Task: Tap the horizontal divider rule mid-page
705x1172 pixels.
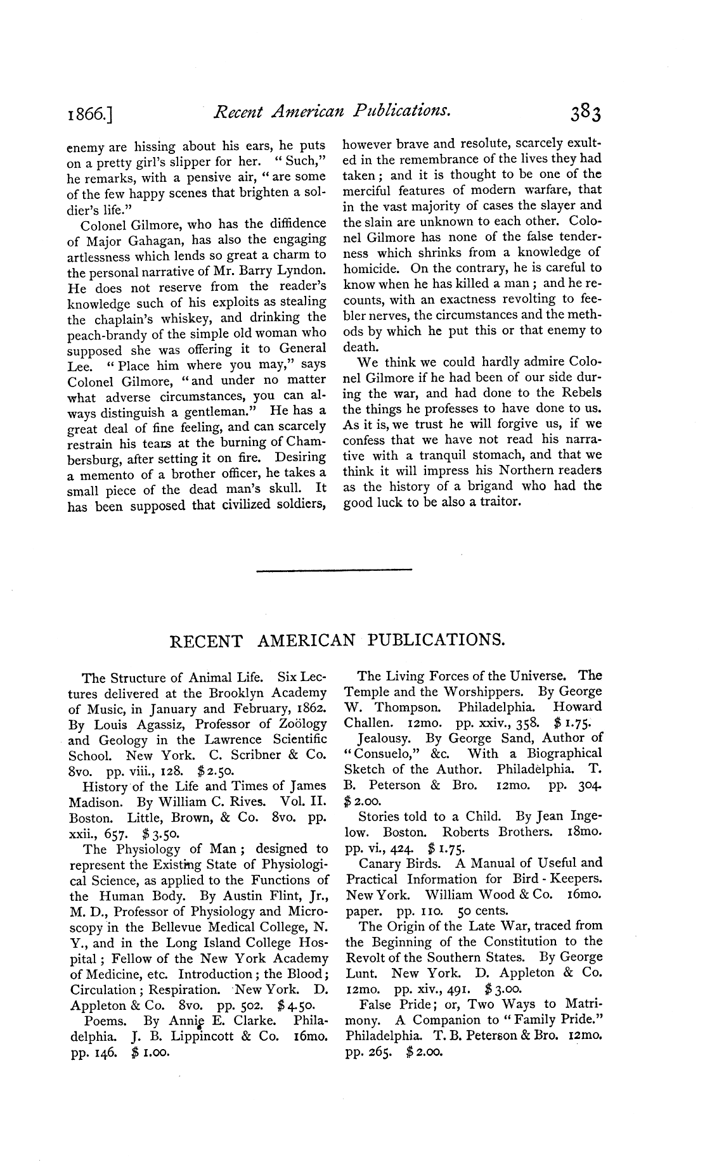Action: [x=334, y=571]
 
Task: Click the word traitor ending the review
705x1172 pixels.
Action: [x=500, y=502]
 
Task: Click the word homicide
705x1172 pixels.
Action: [x=371, y=268]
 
